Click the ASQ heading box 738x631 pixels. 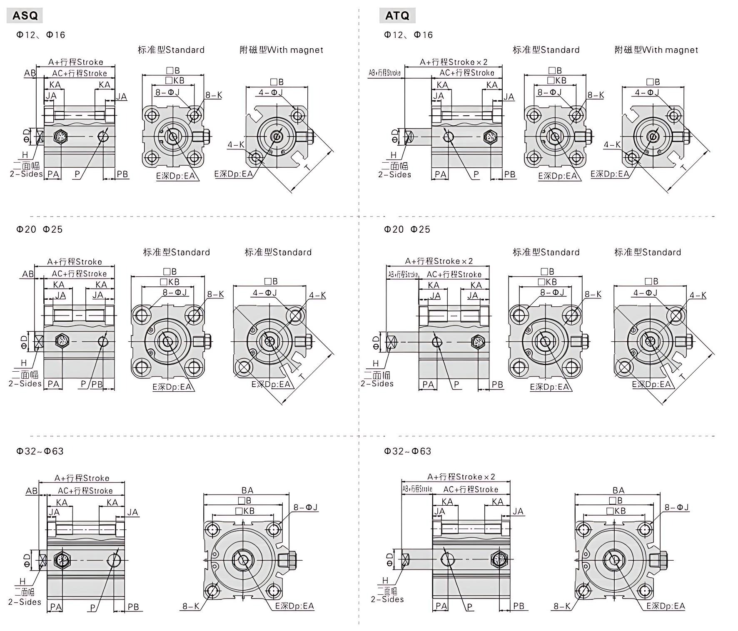click(x=25, y=16)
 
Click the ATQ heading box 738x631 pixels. click(x=397, y=16)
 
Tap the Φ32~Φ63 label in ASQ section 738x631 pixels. click(x=40, y=451)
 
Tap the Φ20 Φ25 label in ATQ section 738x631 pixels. click(x=407, y=229)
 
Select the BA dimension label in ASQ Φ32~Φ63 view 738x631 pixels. click(x=247, y=490)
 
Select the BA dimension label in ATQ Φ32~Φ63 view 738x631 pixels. click(x=618, y=490)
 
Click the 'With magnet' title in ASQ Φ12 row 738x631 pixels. click(x=281, y=50)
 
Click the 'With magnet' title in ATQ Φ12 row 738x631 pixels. click(x=656, y=50)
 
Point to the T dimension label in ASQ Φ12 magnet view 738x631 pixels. click(x=308, y=167)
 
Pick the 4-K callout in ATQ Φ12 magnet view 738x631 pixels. click(x=612, y=145)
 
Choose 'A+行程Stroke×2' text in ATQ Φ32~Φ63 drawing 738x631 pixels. click(x=461, y=477)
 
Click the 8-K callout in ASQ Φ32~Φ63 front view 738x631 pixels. click(x=191, y=606)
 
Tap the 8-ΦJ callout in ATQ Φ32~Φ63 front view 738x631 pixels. click(x=676, y=507)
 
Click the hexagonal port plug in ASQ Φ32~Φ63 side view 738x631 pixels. click(x=62, y=560)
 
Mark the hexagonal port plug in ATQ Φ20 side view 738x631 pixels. click(x=477, y=342)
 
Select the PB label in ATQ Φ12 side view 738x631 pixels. click(x=509, y=174)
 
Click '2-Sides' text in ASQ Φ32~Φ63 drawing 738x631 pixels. click(x=25, y=602)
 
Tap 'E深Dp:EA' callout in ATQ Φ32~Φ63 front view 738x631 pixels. click(x=665, y=606)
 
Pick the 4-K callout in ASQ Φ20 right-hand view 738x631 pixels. click(x=317, y=295)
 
